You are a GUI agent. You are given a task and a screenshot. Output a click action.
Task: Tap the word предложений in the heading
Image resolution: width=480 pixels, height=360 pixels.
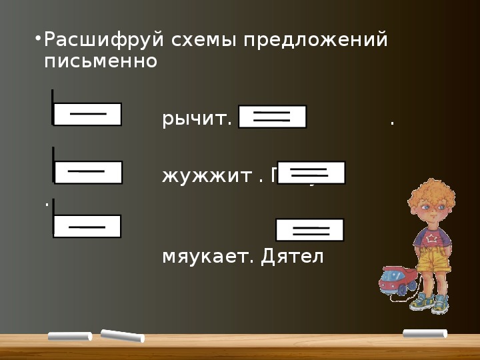315,41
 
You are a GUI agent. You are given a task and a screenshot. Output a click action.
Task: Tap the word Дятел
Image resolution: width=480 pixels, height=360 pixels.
293,257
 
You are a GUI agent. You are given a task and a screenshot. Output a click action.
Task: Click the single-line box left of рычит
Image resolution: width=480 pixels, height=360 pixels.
87,114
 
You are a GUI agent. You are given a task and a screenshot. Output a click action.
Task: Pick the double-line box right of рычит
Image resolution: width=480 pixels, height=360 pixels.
272,117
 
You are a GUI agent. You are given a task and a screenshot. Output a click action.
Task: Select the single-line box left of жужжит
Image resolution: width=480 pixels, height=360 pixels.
88,172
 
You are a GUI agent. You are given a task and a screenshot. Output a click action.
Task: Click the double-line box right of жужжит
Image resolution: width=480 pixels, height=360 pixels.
311,172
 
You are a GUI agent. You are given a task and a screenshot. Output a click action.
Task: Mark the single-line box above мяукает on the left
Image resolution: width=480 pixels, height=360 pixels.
87,227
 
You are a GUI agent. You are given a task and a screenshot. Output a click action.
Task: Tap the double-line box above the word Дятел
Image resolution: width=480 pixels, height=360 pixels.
310,230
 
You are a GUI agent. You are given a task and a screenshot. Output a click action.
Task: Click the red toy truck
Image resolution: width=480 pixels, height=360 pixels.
398,280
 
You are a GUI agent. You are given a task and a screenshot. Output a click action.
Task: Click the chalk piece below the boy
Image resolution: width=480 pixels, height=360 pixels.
425,333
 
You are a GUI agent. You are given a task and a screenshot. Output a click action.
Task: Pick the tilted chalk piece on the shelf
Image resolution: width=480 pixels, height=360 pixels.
122,335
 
